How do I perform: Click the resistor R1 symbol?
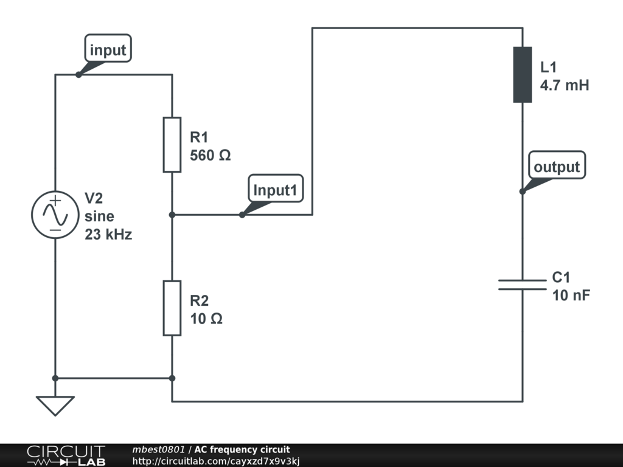point(172,145)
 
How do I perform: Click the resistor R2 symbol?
point(172,308)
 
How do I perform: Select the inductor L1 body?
point(523,75)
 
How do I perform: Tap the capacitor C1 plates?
point(523,285)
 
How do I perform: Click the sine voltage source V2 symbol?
point(55,214)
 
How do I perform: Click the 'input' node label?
point(108,50)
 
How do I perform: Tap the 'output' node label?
point(557,167)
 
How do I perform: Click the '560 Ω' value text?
point(211,156)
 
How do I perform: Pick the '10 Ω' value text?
point(206,319)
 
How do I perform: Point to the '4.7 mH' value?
point(565,85)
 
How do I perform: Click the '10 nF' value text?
point(571,296)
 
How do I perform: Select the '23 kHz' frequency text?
point(108,234)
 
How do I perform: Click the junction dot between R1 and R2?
point(172,215)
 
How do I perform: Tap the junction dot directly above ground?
point(55,378)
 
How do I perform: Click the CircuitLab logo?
point(66,455)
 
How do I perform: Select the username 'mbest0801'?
point(158,449)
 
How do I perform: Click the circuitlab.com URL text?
point(216,461)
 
